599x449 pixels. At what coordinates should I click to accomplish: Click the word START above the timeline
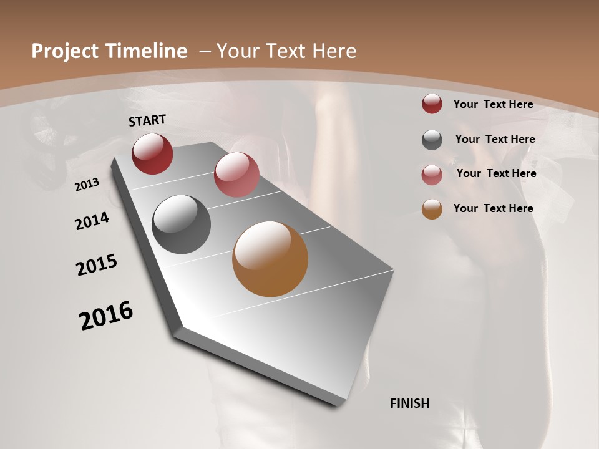point(147,120)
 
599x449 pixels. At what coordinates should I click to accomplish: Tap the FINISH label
point(409,403)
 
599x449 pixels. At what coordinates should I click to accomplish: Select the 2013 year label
point(87,184)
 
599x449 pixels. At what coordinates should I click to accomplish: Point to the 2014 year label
point(92,221)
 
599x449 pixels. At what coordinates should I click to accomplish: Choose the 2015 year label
point(97,265)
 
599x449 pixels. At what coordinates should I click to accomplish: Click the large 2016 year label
point(106,315)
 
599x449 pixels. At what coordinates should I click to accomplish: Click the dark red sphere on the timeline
point(152,153)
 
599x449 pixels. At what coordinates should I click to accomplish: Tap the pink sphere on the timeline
point(236,175)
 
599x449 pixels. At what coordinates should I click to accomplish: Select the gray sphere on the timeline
point(182,224)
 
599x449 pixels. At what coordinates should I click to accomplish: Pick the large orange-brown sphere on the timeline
point(270,259)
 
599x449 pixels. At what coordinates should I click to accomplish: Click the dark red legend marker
point(432,104)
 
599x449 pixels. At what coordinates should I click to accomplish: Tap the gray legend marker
point(432,140)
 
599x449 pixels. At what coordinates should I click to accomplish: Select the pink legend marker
point(432,175)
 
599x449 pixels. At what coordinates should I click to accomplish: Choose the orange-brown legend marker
point(432,209)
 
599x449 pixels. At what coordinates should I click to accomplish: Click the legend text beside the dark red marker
point(493,104)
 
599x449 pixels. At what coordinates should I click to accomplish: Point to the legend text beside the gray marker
point(495,139)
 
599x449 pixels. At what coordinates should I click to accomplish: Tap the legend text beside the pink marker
point(496,173)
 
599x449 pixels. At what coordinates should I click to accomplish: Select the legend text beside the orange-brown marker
point(493,208)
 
